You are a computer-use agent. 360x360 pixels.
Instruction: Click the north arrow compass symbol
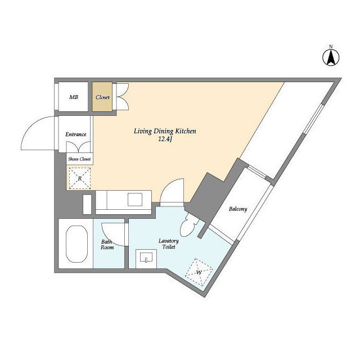click(331, 56)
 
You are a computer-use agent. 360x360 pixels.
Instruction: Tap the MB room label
click(74, 97)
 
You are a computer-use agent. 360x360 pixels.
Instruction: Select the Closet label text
click(102, 97)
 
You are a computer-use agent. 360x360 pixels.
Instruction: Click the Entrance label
click(76, 134)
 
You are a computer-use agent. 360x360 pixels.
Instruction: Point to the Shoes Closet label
click(79, 159)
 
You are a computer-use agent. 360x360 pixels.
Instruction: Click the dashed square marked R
click(80, 178)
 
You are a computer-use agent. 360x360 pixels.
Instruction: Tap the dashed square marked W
click(199, 272)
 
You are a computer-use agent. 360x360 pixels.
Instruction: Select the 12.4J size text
click(164, 140)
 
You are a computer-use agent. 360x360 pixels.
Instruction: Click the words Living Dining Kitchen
click(164, 131)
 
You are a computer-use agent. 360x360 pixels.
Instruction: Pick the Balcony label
click(237, 209)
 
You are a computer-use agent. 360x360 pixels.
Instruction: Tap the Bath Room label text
click(107, 245)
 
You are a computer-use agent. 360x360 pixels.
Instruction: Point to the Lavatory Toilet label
click(169, 243)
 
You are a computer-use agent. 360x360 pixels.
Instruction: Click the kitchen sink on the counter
click(136, 200)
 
